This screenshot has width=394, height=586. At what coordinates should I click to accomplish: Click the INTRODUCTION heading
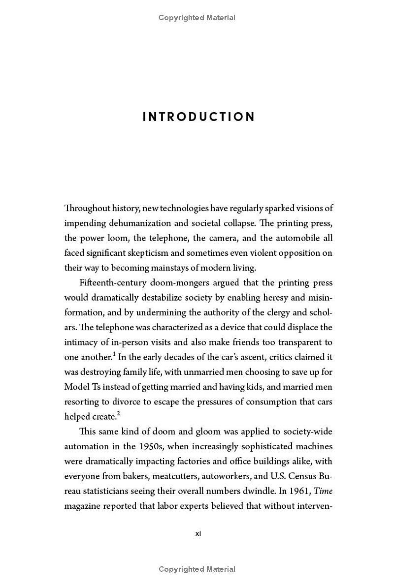[199, 117]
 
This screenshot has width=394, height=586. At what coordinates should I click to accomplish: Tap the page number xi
[198, 533]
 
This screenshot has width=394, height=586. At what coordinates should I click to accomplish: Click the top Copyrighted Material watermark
[197, 18]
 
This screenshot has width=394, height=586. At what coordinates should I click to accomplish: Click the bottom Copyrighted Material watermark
[197, 569]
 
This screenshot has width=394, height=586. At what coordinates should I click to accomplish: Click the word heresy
[270, 298]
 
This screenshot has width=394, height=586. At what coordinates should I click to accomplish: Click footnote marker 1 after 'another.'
[114, 354]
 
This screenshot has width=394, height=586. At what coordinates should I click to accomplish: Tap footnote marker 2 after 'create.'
[119, 413]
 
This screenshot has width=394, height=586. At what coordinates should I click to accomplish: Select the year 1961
[299, 491]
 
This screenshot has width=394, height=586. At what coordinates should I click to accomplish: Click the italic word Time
[323, 491]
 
